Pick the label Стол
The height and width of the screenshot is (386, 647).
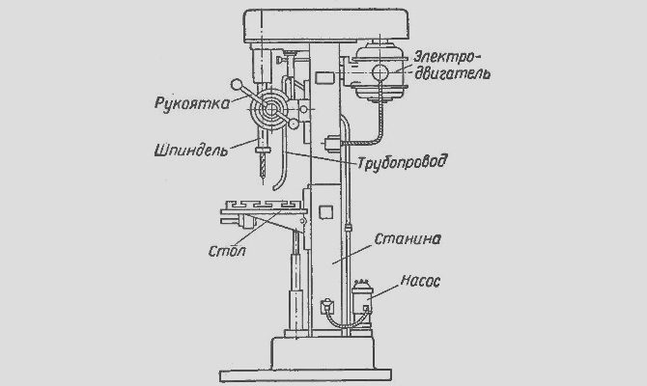click(227, 253)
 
